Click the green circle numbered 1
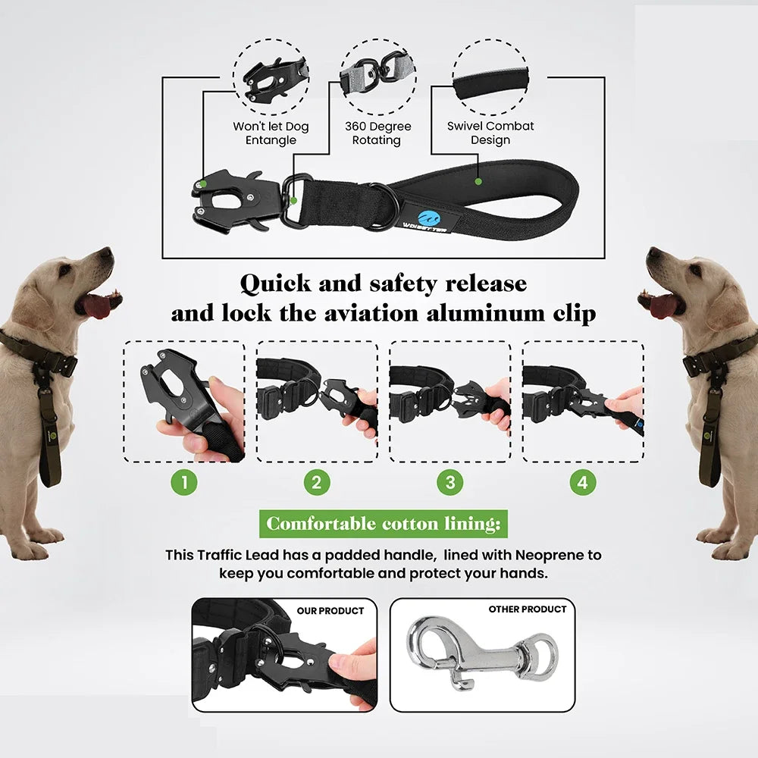(184, 483)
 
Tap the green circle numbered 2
(317, 483)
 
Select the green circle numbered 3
(450, 483)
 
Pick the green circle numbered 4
(583, 483)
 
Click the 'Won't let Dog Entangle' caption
(271, 133)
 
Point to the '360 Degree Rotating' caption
(377, 133)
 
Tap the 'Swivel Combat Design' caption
(490, 133)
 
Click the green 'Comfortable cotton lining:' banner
(385, 524)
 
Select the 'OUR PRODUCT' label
(330, 610)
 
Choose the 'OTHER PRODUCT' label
(527, 609)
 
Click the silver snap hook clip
(478, 652)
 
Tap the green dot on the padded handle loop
(478, 182)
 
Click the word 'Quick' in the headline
(275, 284)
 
